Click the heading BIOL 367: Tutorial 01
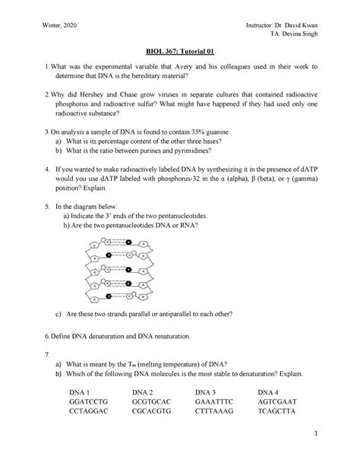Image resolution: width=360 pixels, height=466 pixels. [x=179, y=55]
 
